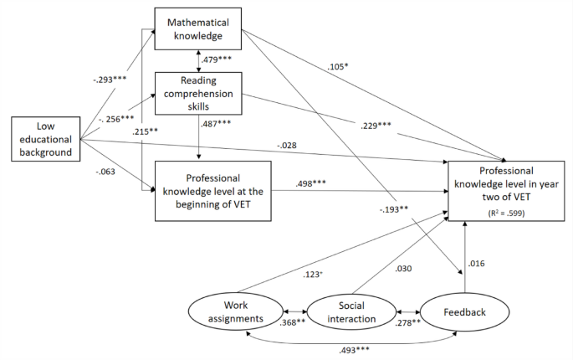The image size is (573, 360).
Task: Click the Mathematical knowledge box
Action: coord(198,29)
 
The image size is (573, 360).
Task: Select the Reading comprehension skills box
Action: coord(198,92)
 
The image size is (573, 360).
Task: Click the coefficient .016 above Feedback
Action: coord(478,264)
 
